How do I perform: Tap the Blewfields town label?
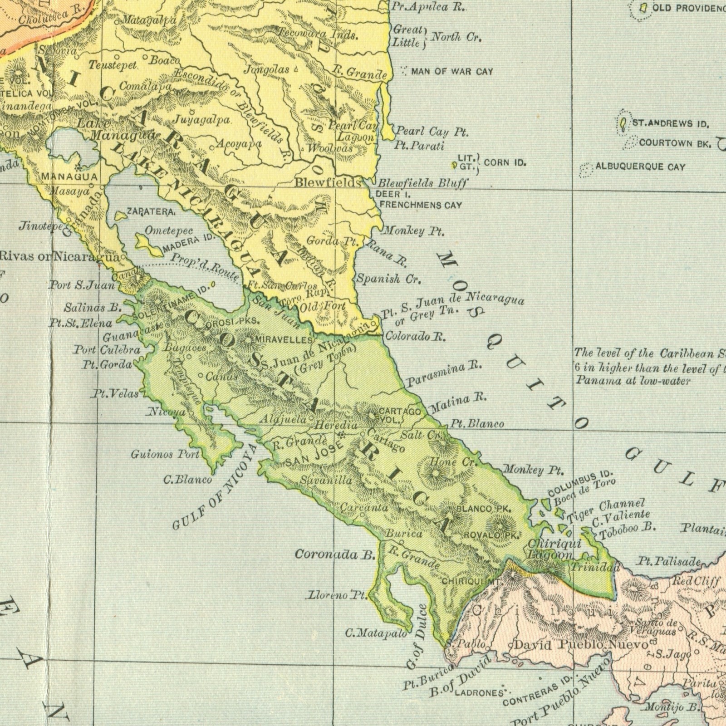point(328,183)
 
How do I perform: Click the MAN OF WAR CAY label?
point(452,71)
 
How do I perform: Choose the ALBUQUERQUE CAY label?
point(640,167)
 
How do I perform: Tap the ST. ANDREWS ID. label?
point(671,123)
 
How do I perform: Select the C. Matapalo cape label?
point(376,633)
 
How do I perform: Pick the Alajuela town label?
point(283,420)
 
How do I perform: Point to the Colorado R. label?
point(416,337)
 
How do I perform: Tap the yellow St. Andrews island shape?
point(624,123)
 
